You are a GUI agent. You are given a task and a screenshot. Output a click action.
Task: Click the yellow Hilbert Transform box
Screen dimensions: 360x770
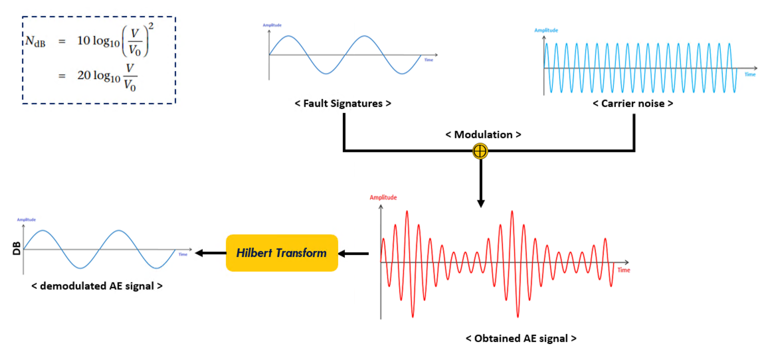[282, 253]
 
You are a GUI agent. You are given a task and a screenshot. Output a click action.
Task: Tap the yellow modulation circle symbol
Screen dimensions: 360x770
[480, 151]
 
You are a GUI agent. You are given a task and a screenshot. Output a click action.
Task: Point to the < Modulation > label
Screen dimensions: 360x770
[483, 134]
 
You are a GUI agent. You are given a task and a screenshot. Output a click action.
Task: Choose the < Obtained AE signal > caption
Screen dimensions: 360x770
[521, 338]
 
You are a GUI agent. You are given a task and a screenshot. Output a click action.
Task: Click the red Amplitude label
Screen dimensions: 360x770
[383, 197]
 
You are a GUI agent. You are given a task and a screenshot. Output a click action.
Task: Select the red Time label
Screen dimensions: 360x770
[624, 270]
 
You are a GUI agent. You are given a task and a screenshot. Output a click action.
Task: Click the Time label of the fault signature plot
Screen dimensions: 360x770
[429, 60]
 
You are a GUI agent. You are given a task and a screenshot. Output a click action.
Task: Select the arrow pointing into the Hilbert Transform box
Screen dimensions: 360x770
[354, 253]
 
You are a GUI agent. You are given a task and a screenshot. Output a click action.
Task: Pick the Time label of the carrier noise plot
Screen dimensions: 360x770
[749, 74]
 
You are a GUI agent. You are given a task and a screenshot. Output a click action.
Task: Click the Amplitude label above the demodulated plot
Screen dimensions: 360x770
[27, 219]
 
